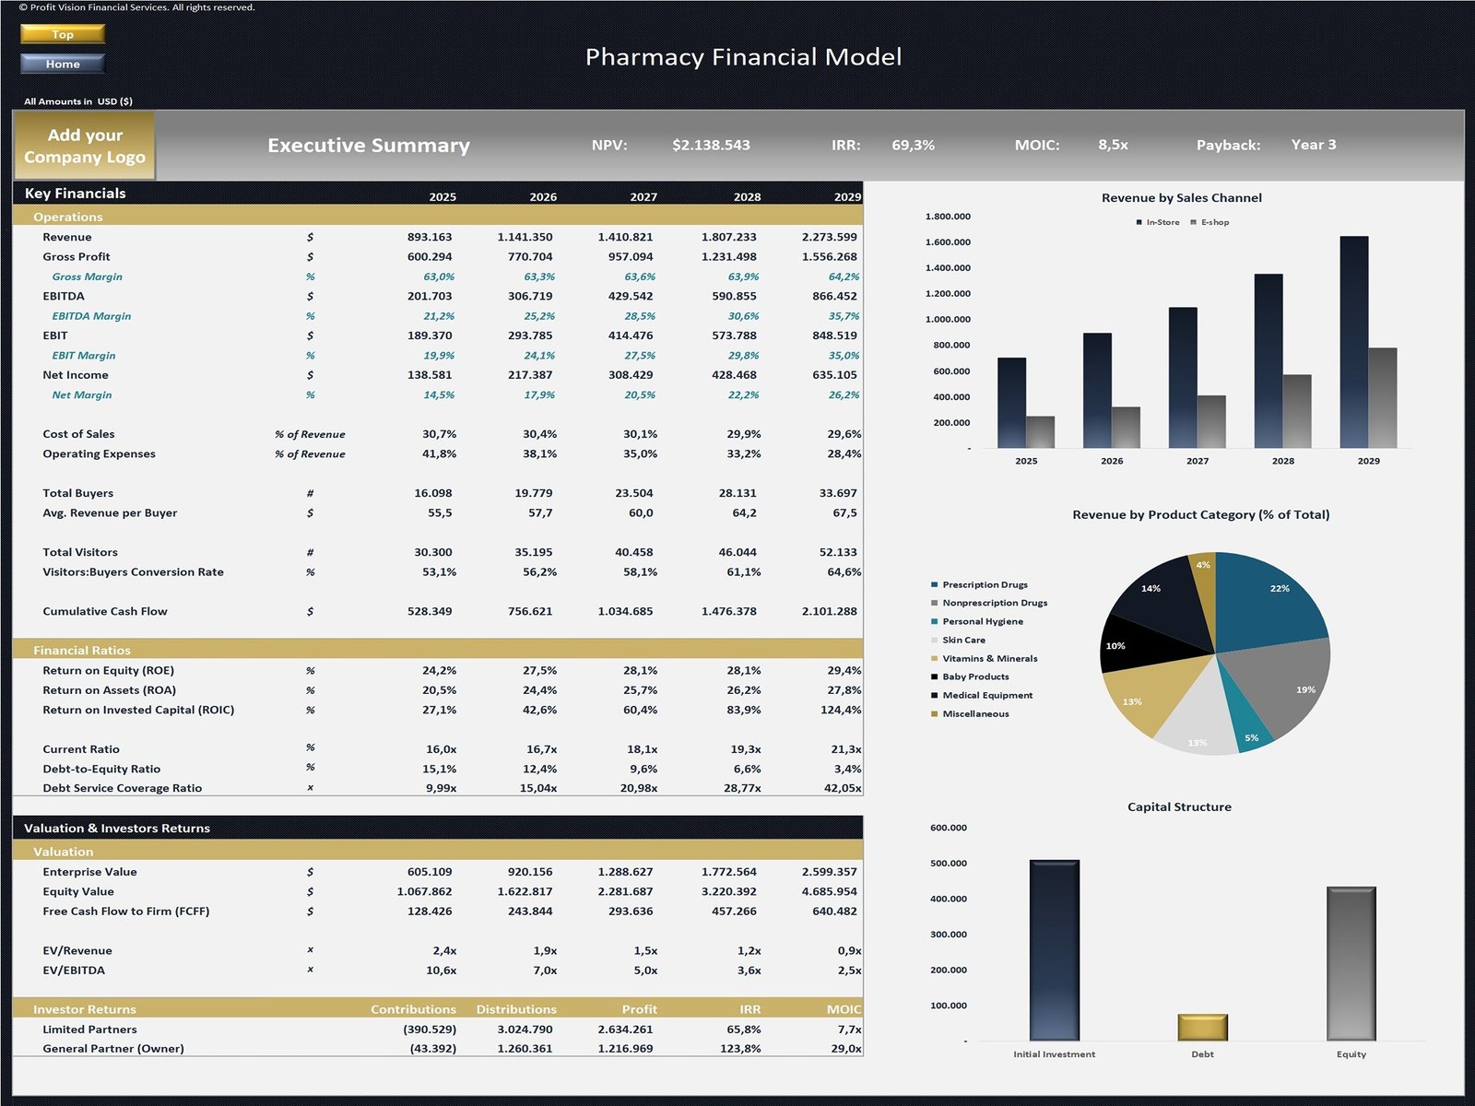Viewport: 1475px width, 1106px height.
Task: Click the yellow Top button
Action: pyautogui.click(x=63, y=34)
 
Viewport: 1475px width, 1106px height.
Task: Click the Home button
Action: pyautogui.click(x=63, y=64)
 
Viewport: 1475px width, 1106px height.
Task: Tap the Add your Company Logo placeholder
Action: pyautogui.click(x=85, y=146)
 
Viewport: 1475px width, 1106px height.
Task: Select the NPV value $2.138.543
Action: pyautogui.click(x=711, y=145)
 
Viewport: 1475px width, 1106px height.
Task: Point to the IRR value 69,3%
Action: pyautogui.click(x=913, y=145)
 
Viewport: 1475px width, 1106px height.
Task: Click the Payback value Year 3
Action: pyautogui.click(x=1313, y=145)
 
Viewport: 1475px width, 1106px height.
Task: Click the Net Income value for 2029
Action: pyautogui.click(x=834, y=375)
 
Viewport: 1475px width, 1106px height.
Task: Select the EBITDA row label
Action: pyautogui.click(x=64, y=296)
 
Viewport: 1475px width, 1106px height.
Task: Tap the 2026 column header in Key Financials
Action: pyautogui.click(x=543, y=197)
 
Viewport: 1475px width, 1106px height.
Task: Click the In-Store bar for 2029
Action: pyautogui.click(x=1354, y=341)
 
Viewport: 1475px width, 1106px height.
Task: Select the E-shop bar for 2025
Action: pyautogui.click(x=1040, y=431)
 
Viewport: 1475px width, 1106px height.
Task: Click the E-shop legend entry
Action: pyautogui.click(x=1210, y=222)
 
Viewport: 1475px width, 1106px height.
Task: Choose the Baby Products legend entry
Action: pyautogui.click(x=974, y=677)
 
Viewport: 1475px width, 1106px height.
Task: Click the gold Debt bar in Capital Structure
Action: pyautogui.click(x=1202, y=1028)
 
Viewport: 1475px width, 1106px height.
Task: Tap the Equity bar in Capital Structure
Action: pyautogui.click(x=1351, y=963)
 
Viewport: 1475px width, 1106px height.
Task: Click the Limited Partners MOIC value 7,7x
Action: pyautogui.click(x=849, y=1030)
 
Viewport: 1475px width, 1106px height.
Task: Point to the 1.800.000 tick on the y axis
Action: pyautogui.click(x=948, y=217)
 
